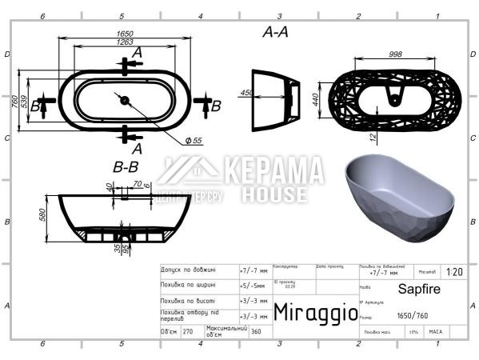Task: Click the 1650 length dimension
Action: (x=122, y=34)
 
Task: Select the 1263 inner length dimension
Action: (x=122, y=42)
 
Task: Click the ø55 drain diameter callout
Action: (x=194, y=140)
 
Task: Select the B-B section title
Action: (x=126, y=167)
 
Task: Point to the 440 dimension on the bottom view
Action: (x=317, y=98)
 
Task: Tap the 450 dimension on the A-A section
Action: (x=247, y=93)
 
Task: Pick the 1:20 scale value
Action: (x=453, y=272)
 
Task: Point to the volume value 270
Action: (x=189, y=330)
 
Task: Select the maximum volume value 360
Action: (x=256, y=330)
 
